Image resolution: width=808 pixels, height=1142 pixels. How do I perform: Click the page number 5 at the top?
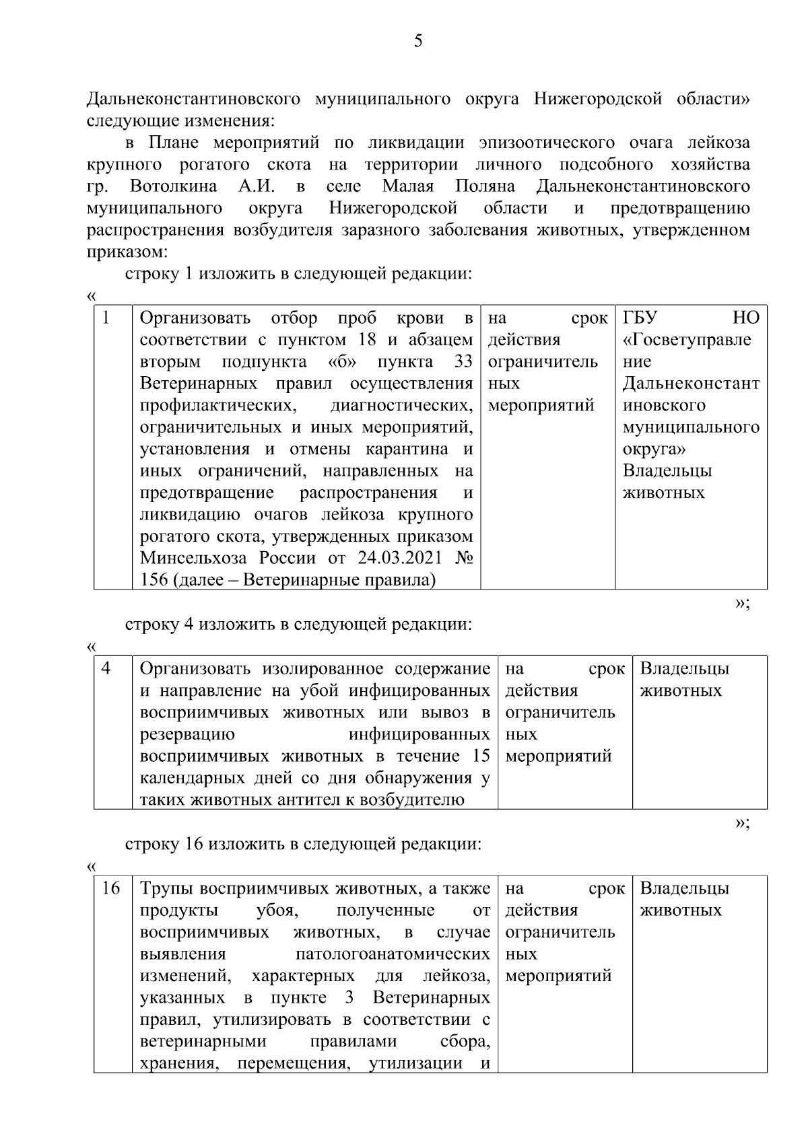coord(418,42)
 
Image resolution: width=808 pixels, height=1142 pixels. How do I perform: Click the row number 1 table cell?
coord(106,318)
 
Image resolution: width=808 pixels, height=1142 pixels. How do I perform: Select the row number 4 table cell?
coord(106,669)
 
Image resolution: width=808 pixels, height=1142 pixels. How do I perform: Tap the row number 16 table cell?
coord(110,888)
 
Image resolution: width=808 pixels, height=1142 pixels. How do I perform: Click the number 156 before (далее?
coord(154,580)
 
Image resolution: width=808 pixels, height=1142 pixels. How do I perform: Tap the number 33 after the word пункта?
coord(463,361)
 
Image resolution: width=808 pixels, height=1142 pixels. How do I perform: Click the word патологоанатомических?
coord(393,954)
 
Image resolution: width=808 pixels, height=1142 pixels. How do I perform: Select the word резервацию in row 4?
coord(187,734)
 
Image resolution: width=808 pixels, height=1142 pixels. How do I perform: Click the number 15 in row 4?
coord(481,756)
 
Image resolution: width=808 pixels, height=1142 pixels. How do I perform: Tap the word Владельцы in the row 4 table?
coord(684,669)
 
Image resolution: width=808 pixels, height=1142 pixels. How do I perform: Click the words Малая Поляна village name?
coord(448,186)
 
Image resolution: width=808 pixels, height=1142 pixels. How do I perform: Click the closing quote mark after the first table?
coord(741,603)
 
